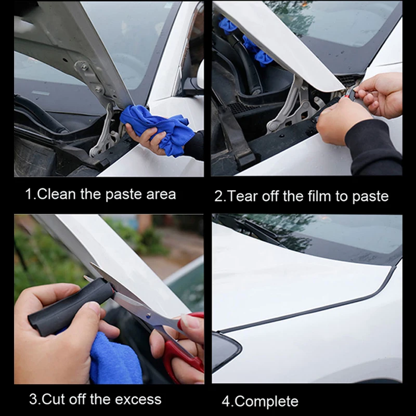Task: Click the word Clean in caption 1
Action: [56, 194]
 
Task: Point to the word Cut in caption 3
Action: [54, 399]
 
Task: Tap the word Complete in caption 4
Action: [266, 401]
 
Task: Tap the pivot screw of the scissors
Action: [149, 316]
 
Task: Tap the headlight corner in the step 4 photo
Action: [226, 350]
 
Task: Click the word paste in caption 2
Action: [370, 197]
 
